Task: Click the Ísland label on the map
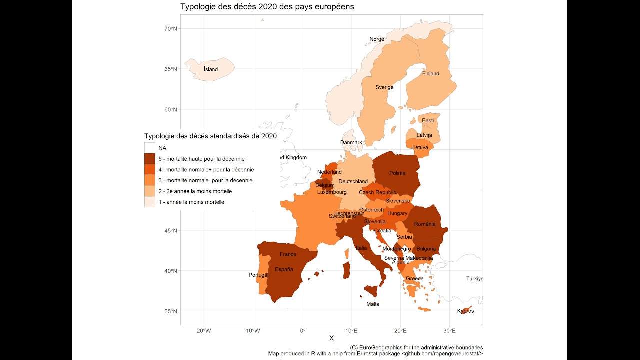point(211,69)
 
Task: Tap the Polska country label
point(397,173)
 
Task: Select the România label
point(425,224)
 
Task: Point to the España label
point(284,269)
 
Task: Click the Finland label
point(430,74)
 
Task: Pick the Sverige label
point(384,87)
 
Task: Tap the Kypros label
point(465,311)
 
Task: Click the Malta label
point(373,304)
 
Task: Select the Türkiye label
point(474,278)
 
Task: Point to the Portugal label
point(259,275)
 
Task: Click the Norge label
point(377,39)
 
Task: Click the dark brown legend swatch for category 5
point(150,159)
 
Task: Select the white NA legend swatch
point(150,148)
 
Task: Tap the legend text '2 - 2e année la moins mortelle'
point(195,191)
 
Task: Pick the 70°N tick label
point(171,29)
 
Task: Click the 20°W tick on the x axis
point(203,331)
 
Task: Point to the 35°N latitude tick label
point(171,311)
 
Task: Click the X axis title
point(331,339)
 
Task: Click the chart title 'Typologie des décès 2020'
point(267,7)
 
